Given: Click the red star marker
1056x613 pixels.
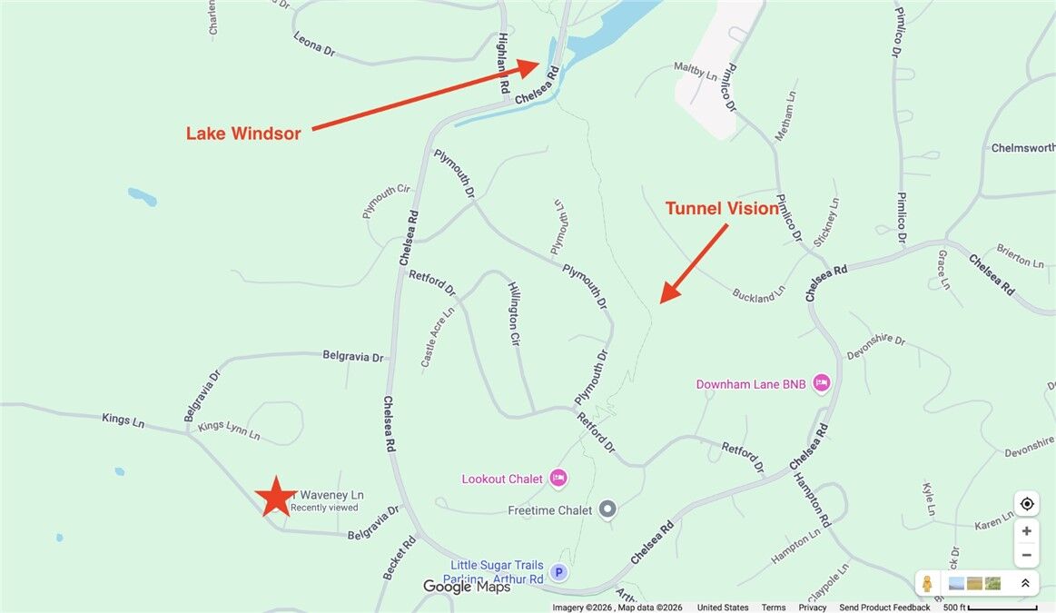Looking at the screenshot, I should pos(275,497).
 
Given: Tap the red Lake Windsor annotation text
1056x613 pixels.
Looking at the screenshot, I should pos(243,133).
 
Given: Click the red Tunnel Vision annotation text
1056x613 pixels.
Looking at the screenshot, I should pos(722,208).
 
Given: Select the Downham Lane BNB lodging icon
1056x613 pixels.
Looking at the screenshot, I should pos(822,384).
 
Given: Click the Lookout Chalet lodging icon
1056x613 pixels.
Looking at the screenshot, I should pos(558,478).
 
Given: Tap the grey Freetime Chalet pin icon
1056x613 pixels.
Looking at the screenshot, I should pos(608,509).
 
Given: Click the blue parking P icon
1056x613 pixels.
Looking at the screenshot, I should pos(559,572).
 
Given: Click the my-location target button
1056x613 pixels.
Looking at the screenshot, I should pos(1027,504).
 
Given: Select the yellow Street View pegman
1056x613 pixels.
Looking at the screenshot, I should pos(926,584).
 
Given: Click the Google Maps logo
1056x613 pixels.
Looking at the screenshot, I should pos(467,587).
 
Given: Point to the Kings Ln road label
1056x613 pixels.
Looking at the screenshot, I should pos(123,420).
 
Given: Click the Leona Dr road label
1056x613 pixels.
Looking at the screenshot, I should pos(314,43).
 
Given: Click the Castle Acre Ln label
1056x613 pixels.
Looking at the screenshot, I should pos(431,337).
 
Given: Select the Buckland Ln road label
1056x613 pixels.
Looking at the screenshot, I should pos(754,295).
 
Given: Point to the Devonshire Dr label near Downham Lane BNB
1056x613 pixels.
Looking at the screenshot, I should pos(875,346).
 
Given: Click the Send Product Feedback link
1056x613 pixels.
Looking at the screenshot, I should pos(884,608).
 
